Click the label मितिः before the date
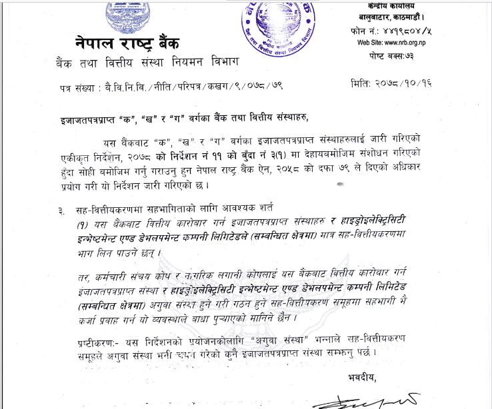tap(363, 85)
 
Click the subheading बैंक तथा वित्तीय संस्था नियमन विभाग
tap(147, 64)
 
